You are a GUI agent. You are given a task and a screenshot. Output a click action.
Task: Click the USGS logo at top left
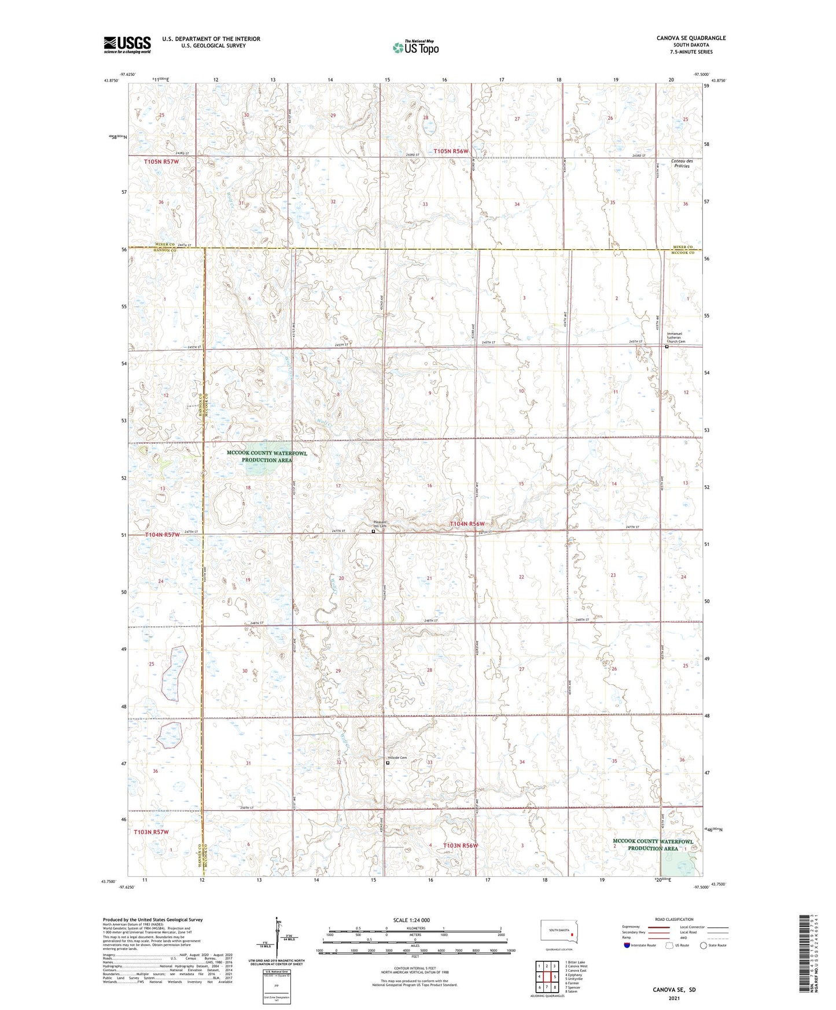pos(127,44)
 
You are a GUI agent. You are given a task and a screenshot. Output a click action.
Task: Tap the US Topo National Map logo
pos(415,47)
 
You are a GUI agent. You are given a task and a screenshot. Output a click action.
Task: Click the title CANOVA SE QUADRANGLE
pos(691,38)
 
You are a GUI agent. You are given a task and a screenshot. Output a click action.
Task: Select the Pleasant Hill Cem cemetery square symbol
pos(373,530)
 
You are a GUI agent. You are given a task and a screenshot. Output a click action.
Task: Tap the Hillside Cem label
pos(397,758)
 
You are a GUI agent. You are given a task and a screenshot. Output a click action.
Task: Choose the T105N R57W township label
pos(161,161)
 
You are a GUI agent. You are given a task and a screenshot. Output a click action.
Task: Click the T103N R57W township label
pos(151,832)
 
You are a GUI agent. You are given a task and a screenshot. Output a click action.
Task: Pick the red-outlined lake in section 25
pos(175,673)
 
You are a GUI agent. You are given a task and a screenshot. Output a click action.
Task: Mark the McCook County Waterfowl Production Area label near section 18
pos(267,456)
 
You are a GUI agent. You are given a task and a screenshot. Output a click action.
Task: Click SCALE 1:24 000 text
pos(411,920)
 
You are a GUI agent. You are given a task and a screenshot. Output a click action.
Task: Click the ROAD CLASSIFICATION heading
pos(675,919)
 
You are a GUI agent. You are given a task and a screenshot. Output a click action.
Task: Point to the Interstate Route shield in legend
pos(628,945)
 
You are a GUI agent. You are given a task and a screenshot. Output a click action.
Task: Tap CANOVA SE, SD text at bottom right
pos(674,990)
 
